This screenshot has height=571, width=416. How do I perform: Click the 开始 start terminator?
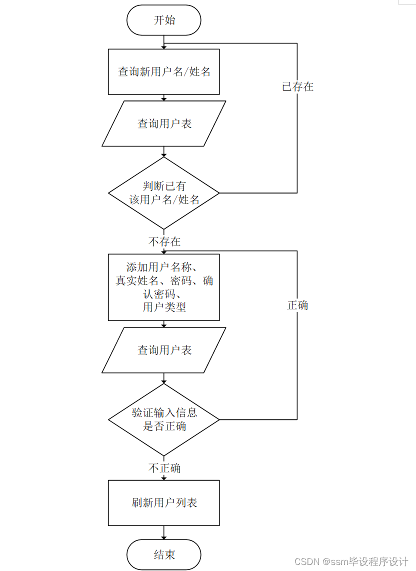tap(164, 20)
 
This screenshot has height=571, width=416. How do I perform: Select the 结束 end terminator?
tap(164, 554)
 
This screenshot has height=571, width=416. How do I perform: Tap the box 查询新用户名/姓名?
tap(164, 71)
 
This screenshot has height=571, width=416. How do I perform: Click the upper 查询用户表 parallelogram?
tap(164, 123)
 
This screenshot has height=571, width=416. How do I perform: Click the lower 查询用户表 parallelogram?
tap(164, 350)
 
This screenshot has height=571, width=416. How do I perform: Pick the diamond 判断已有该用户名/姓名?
tap(164, 193)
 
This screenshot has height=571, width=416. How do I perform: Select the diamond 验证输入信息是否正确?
tap(164, 419)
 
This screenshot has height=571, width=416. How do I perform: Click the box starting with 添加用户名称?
tap(164, 287)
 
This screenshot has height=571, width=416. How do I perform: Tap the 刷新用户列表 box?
tap(164, 502)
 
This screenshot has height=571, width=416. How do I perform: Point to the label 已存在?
tap(297, 86)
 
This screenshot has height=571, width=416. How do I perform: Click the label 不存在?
tap(164, 242)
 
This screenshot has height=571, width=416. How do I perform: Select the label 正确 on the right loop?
tap(297, 305)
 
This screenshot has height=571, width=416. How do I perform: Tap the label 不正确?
tap(164, 468)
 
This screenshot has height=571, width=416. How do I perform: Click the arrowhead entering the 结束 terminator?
tap(164, 537)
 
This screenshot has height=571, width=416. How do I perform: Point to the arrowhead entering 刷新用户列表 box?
tap(164, 478)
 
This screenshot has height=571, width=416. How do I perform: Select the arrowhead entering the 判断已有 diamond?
tap(164, 155)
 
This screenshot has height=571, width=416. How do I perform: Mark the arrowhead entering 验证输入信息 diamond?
tap(164, 381)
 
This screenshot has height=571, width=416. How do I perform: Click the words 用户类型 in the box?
tap(164, 307)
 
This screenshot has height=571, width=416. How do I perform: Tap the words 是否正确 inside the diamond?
tap(164, 426)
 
